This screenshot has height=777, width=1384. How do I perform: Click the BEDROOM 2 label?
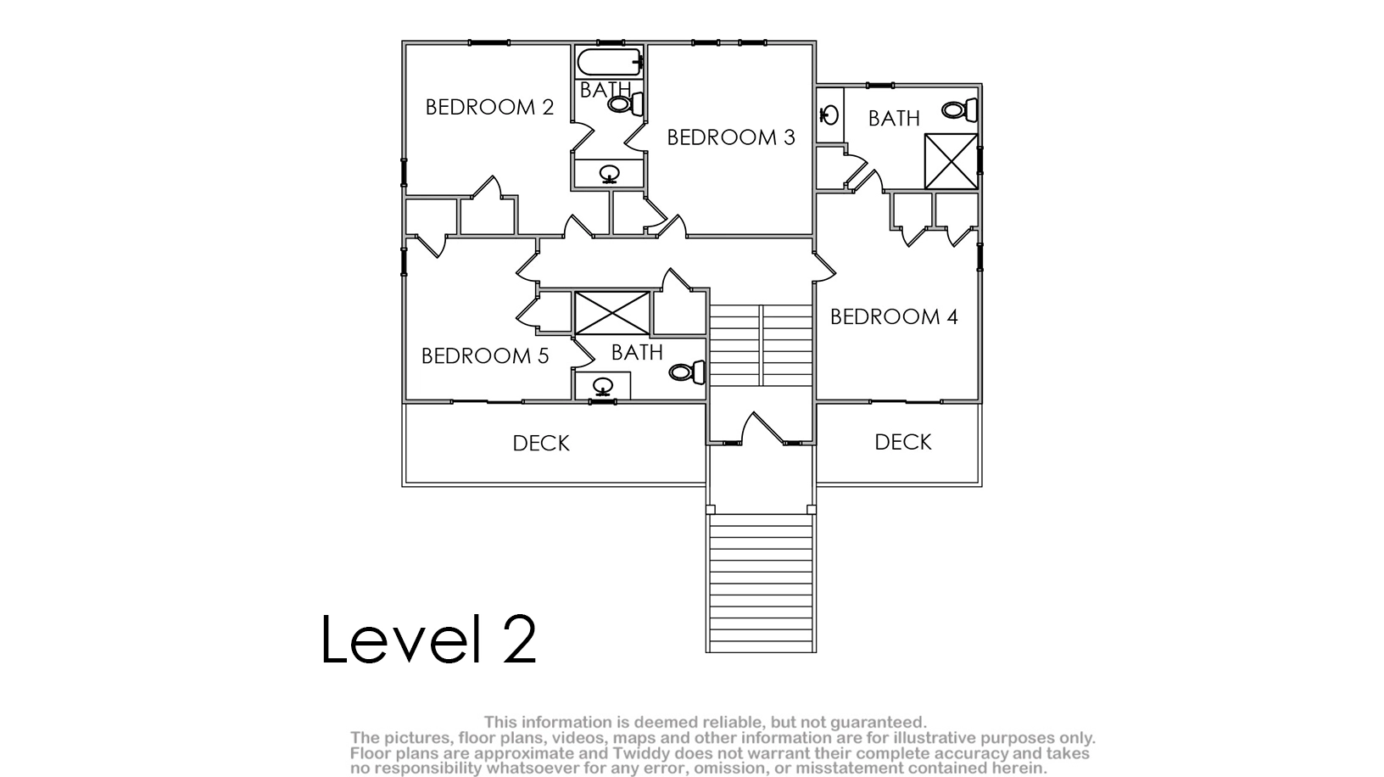click(x=489, y=107)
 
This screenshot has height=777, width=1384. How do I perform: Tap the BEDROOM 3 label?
click(x=731, y=137)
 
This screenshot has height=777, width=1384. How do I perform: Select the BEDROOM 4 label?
click(x=894, y=316)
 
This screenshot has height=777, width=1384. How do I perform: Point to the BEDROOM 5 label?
click(x=485, y=355)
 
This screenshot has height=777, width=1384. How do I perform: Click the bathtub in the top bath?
click(x=611, y=62)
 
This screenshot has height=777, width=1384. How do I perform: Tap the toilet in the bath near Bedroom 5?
click(x=686, y=372)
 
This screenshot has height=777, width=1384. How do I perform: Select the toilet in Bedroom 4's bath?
click(x=959, y=110)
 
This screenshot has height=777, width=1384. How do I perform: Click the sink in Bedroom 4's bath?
click(x=829, y=115)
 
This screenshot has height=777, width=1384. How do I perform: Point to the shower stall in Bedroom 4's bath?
click(x=951, y=161)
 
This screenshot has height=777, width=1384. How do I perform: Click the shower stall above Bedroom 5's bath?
click(x=612, y=313)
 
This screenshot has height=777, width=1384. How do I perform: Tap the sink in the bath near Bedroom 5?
click(x=603, y=387)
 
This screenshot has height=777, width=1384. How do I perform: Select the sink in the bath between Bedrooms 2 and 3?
click(x=610, y=174)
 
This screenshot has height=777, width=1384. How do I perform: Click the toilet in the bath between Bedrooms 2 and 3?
click(x=625, y=103)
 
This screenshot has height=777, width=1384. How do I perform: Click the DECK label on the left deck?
click(x=541, y=443)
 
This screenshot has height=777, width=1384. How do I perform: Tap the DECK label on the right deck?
click(x=903, y=442)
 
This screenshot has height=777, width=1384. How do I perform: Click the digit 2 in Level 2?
click(x=520, y=640)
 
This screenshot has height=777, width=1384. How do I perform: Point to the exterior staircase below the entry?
click(x=762, y=583)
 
